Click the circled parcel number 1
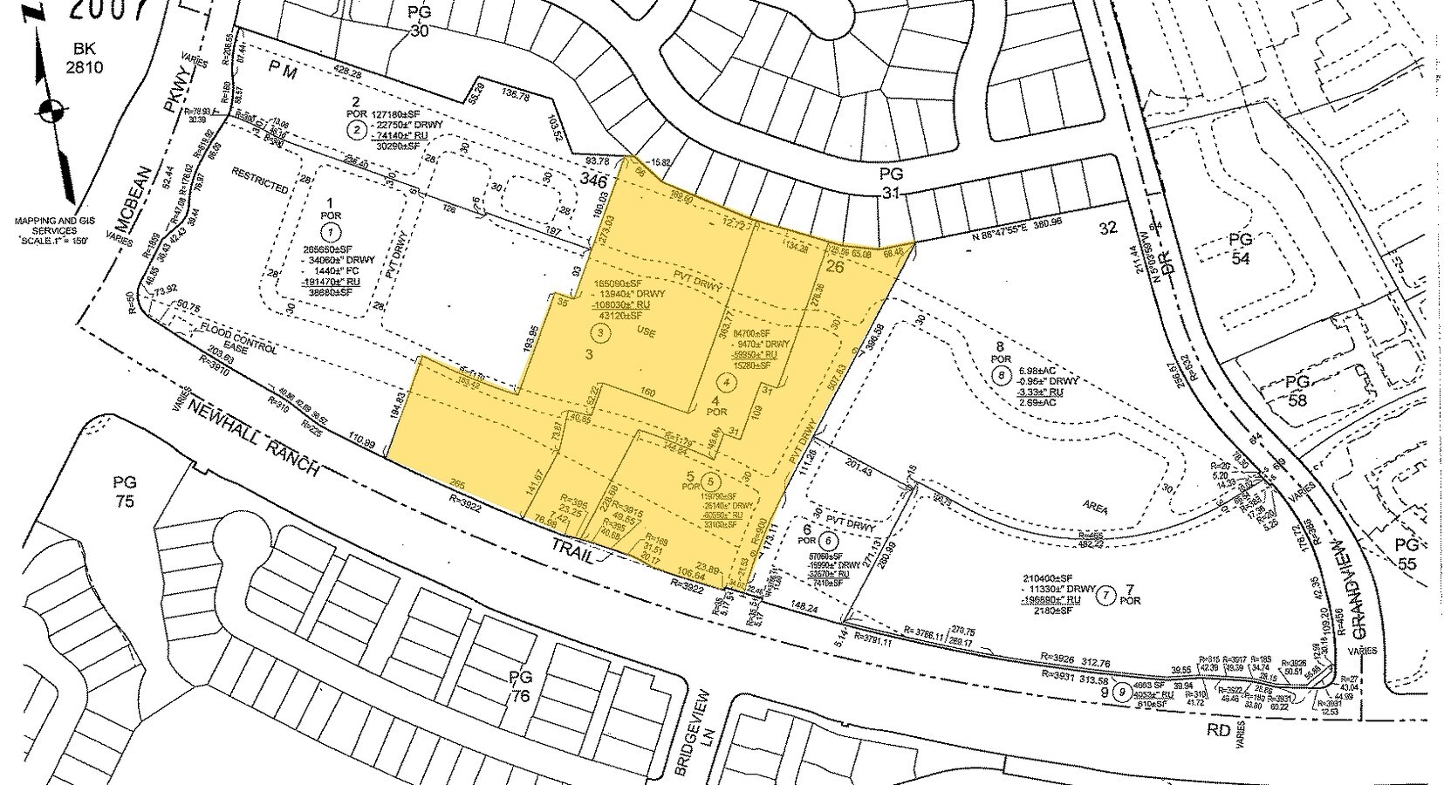[331, 232]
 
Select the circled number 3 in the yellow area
[599, 331]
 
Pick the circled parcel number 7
[1106, 596]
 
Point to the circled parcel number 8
[1001, 376]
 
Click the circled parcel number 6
[825, 541]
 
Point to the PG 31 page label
[891, 183]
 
